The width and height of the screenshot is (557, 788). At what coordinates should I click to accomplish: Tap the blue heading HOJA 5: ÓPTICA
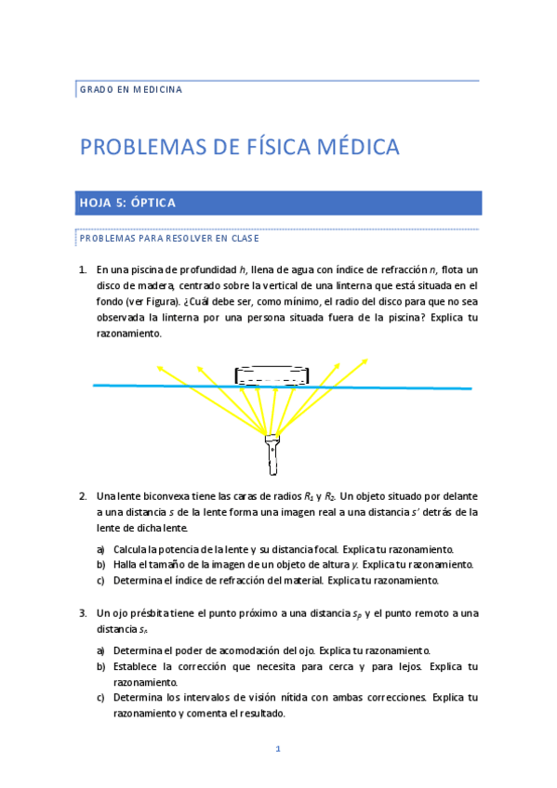pyautogui.click(x=126, y=203)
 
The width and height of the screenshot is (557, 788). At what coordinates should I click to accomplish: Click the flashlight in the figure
pyautogui.click(x=272, y=452)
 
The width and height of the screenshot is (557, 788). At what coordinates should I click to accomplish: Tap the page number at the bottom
pyautogui.click(x=277, y=749)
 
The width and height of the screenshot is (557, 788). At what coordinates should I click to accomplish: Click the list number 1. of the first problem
pyautogui.click(x=82, y=269)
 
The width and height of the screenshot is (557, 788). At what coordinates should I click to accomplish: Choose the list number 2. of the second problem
pyautogui.click(x=82, y=495)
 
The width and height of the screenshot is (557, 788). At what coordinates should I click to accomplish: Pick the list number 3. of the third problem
pyautogui.click(x=82, y=613)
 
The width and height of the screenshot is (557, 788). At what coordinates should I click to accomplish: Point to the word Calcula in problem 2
pyautogui.click(x=133, y=549)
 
